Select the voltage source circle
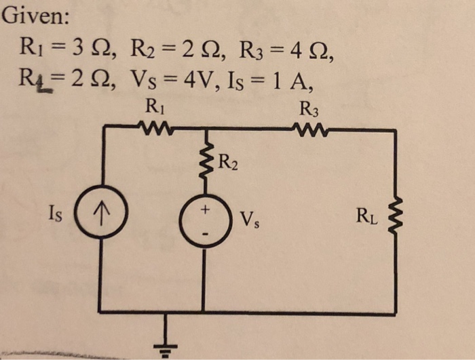point(204,222)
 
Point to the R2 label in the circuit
point(229,163)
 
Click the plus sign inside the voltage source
point(203,211)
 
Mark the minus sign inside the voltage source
point(204,235)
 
